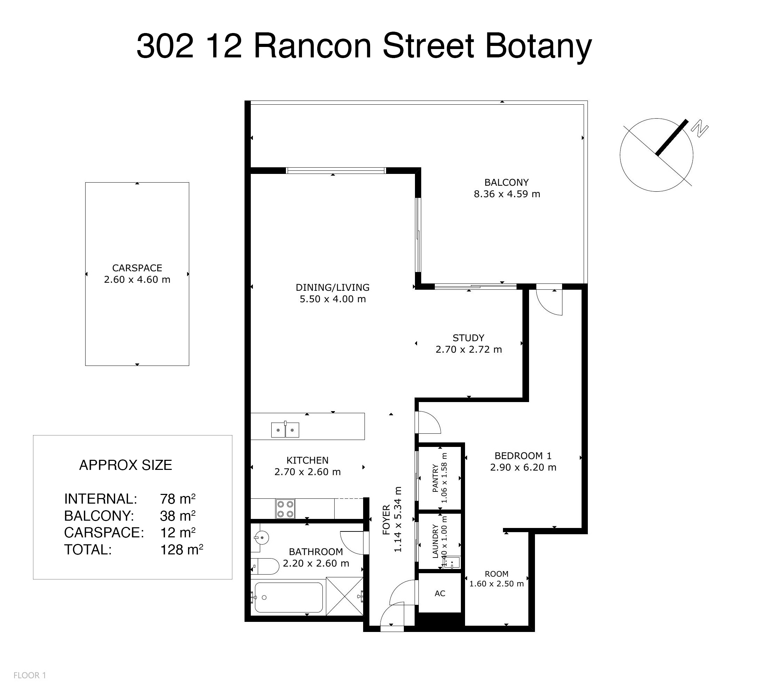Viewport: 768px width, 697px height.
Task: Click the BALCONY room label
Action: click(506, 183)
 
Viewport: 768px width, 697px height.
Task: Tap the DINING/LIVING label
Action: click(333, 287)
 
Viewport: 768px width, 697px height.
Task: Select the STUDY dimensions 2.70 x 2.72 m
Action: click(469, 349)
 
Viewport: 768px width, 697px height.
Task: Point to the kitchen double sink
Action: click(285, 430)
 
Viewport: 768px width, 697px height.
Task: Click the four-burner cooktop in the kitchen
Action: click(285, 509)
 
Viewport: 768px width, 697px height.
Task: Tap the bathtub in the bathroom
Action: click(288, 597)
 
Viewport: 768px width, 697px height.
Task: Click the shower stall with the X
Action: click(345, 596)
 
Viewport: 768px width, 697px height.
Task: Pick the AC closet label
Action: click(440, 593)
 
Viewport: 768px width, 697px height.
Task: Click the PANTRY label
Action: click(435, 478)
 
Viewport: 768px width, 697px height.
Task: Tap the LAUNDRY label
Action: click(435, 541)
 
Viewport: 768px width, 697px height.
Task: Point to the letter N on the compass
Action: click(699, 128)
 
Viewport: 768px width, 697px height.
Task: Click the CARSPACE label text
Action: click(137, 268)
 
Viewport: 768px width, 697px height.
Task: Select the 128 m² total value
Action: click(182, 550)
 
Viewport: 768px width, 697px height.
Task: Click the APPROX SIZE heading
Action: click(125, 465)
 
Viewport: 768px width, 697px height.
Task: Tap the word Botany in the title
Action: click(538, 47)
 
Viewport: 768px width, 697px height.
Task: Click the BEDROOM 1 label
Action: click(523, 456)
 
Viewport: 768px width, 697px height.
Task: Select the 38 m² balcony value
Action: click(178, 516)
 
